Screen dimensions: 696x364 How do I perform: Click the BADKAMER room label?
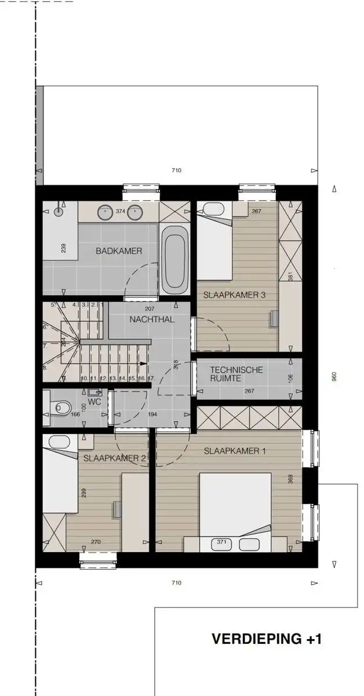point(119,251)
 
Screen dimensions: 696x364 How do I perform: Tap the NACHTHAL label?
point(152,319)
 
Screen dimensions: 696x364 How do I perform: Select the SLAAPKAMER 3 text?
point(234,295)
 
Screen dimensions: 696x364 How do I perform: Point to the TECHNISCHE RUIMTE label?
point(236,374)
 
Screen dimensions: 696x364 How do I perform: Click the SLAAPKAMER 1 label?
point(235,451)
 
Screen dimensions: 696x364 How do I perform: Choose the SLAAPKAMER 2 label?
point(114,458)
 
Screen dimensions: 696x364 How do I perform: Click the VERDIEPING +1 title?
point(267,639)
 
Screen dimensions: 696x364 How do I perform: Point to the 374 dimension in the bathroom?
point(121,212)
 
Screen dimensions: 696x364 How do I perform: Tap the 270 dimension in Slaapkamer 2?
point(96,542)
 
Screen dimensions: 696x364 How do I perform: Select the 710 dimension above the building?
point(177,171)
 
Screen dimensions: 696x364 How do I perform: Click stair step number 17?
point(151,379)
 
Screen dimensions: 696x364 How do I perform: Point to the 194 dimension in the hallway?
point(152,415)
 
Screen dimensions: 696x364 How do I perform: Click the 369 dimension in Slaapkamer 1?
point(290,479)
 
